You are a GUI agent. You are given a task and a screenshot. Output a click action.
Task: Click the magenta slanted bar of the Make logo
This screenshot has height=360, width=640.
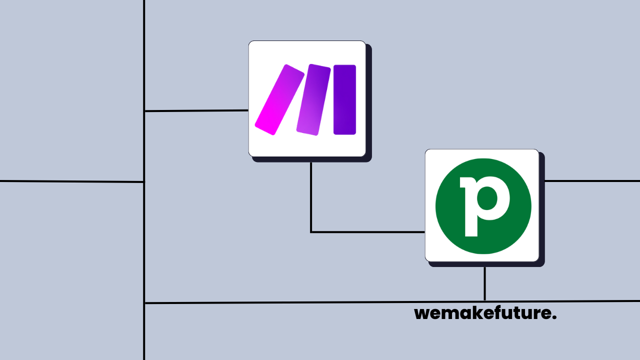pos(279,99)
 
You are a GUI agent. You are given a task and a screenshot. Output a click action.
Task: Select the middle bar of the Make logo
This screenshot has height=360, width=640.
pos(313,99)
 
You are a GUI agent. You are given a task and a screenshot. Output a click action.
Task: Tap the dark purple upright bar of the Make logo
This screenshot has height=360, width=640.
pos(344,99)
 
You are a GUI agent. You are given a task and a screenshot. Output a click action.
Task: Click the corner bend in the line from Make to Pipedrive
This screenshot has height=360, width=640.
pos(311,232)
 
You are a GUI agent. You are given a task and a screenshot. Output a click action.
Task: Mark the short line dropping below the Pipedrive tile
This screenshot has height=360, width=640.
pos(484,283)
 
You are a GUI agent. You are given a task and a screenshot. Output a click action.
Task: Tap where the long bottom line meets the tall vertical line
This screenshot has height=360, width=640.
pos(144,303)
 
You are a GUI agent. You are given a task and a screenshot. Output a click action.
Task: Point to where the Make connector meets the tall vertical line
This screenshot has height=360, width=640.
pos(144,111)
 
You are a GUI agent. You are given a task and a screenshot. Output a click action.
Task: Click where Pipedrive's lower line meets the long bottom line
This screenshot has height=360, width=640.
pos(484,301)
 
